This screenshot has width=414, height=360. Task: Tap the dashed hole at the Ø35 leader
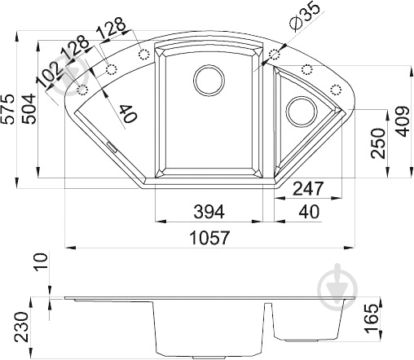point(274,55)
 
